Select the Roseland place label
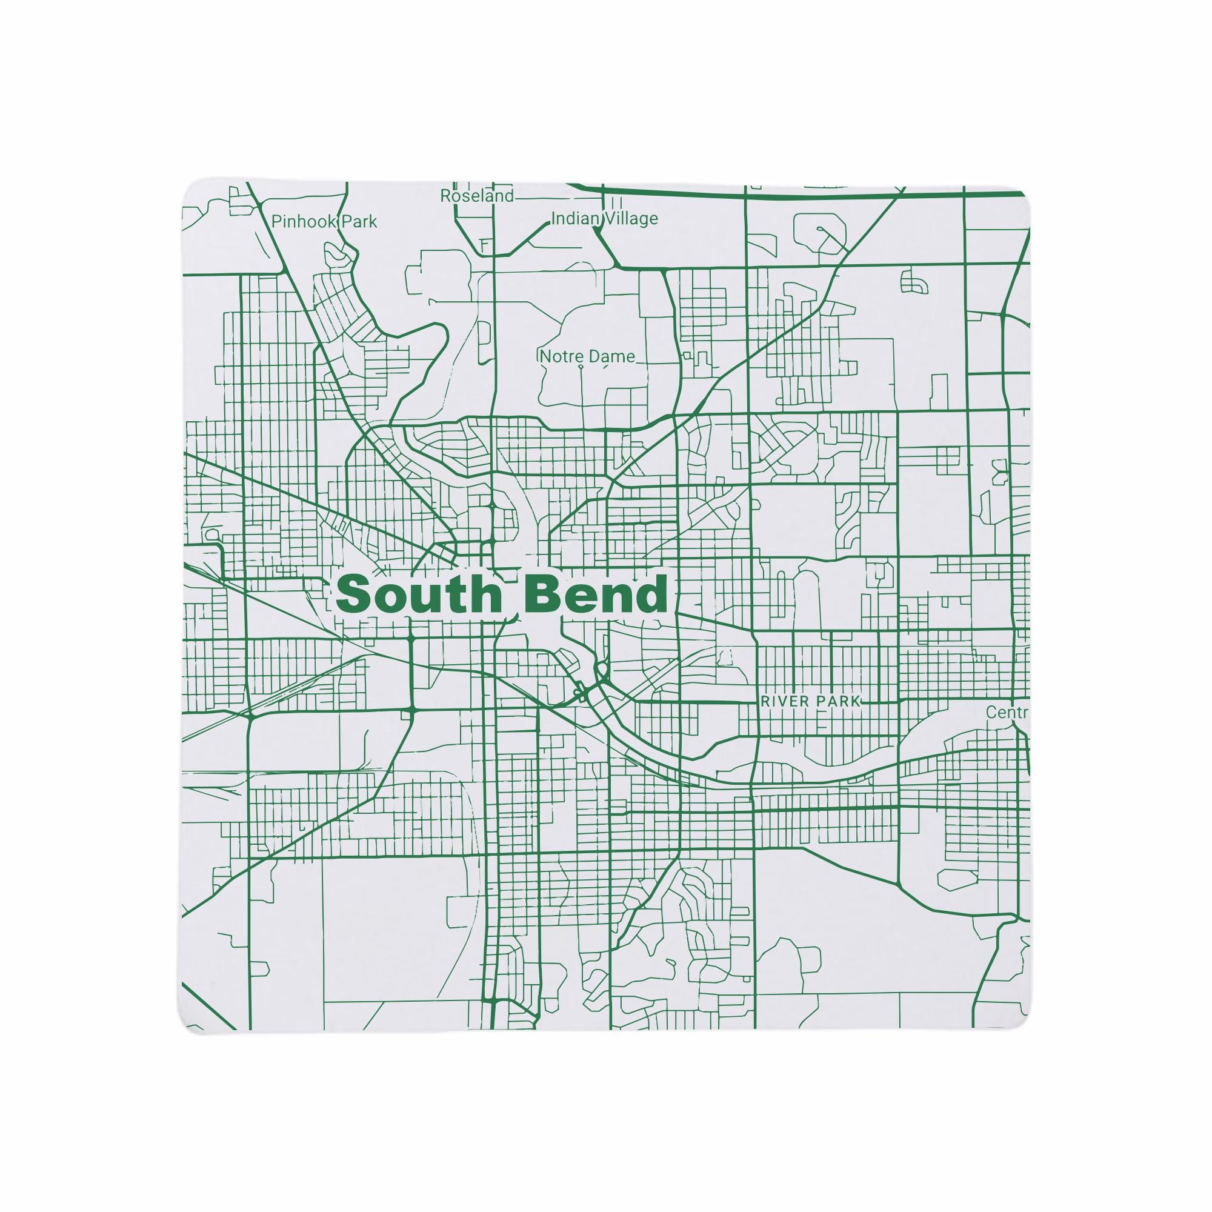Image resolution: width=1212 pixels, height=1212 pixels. click(x=476, y=196)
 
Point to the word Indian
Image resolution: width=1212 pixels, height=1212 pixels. click(x=574, y=219)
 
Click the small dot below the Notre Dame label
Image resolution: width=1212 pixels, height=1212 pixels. click(x=581, y=367)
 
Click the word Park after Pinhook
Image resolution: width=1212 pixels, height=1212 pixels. click(x=359, y=221)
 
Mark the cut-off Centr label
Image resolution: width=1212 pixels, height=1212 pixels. click(x=1007, y=713)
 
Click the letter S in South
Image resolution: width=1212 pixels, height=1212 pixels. click(x=353, y=594)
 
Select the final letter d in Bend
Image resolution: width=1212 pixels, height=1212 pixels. click(x=653, y=594)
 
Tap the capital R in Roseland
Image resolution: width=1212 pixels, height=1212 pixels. click(x=445, y=196)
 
